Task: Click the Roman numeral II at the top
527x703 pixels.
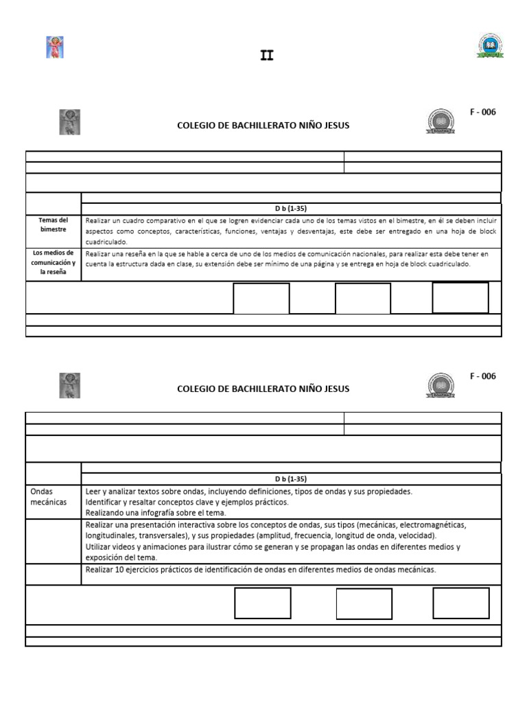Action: tap(267, 56)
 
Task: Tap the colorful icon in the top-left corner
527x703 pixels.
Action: tap(54, 47)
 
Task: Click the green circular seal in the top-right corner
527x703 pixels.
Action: tap(491, 46)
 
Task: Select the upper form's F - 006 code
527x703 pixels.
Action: tap(483, 113)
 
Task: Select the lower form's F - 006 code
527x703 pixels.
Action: tap(483, 376)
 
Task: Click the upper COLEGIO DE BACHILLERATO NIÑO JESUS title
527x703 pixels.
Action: tap(263, 125)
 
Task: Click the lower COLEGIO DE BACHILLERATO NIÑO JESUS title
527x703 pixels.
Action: tap(263, 389)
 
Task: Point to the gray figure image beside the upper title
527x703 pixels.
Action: tap(70, 122)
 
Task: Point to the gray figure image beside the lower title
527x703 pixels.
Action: tap(70, 385)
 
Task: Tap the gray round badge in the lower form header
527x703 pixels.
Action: tap(441, 387)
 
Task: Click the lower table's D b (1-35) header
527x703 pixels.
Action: tap(291, 479)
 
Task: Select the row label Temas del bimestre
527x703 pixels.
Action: tap(54, 224)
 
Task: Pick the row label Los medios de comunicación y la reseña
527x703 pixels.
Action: tap(54, 263)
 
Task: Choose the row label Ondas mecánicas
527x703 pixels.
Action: tap(48, 497)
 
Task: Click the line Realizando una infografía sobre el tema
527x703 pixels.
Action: tap(156, 513)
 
